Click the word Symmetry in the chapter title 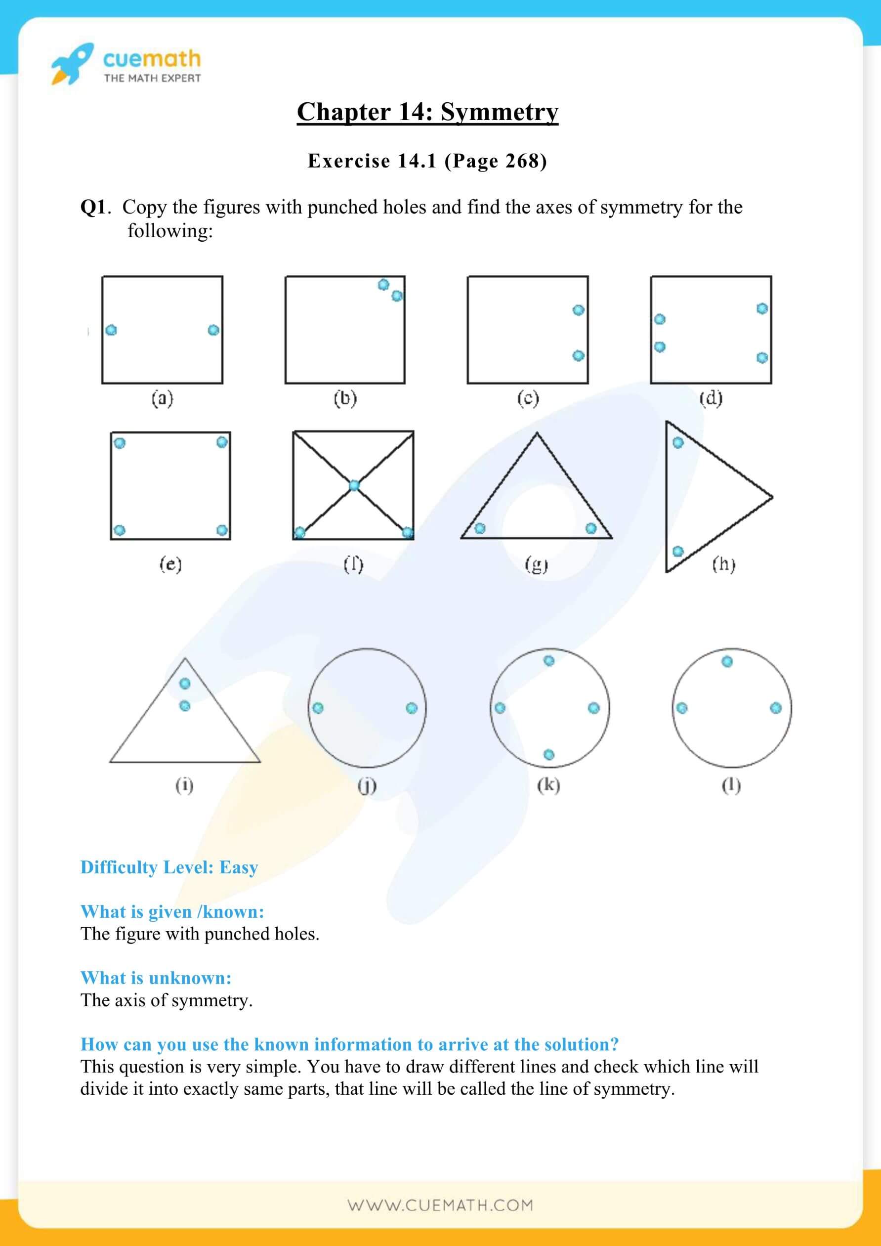499,112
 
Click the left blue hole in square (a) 111,330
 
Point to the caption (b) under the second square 345,399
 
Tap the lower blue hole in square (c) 578,355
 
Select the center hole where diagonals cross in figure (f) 354,486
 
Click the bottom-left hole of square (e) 120,530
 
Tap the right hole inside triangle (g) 591,528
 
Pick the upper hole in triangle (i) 185,683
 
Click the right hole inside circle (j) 411,708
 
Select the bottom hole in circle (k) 549,754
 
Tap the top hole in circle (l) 727,661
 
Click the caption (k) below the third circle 548,785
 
